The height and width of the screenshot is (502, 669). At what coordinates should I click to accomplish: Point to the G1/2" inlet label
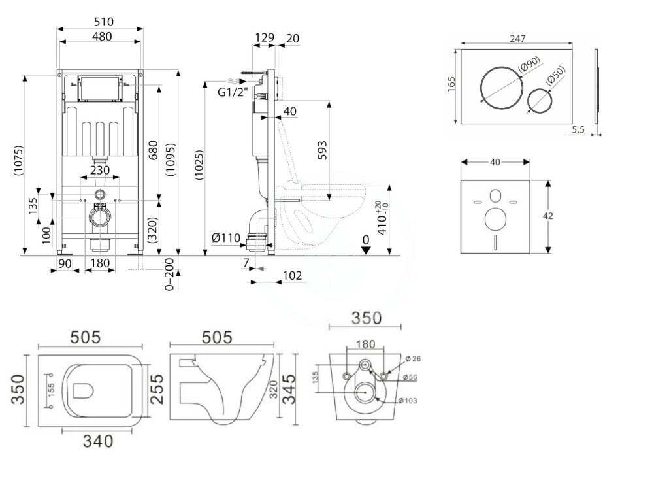(x=232, y=92)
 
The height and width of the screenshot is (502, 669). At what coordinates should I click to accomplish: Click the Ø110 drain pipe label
(x=226, y=238)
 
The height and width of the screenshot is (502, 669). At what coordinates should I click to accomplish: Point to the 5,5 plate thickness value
(x=578, y=130)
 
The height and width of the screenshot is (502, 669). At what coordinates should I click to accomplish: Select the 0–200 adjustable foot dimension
(x=171, y=274)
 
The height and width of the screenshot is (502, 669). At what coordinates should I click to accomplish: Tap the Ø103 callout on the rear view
(x=412, y=400)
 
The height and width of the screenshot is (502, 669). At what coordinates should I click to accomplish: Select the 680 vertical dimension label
(x=152, y=150)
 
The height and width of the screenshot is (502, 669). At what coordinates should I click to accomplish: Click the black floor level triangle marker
(x=367, y=248)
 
